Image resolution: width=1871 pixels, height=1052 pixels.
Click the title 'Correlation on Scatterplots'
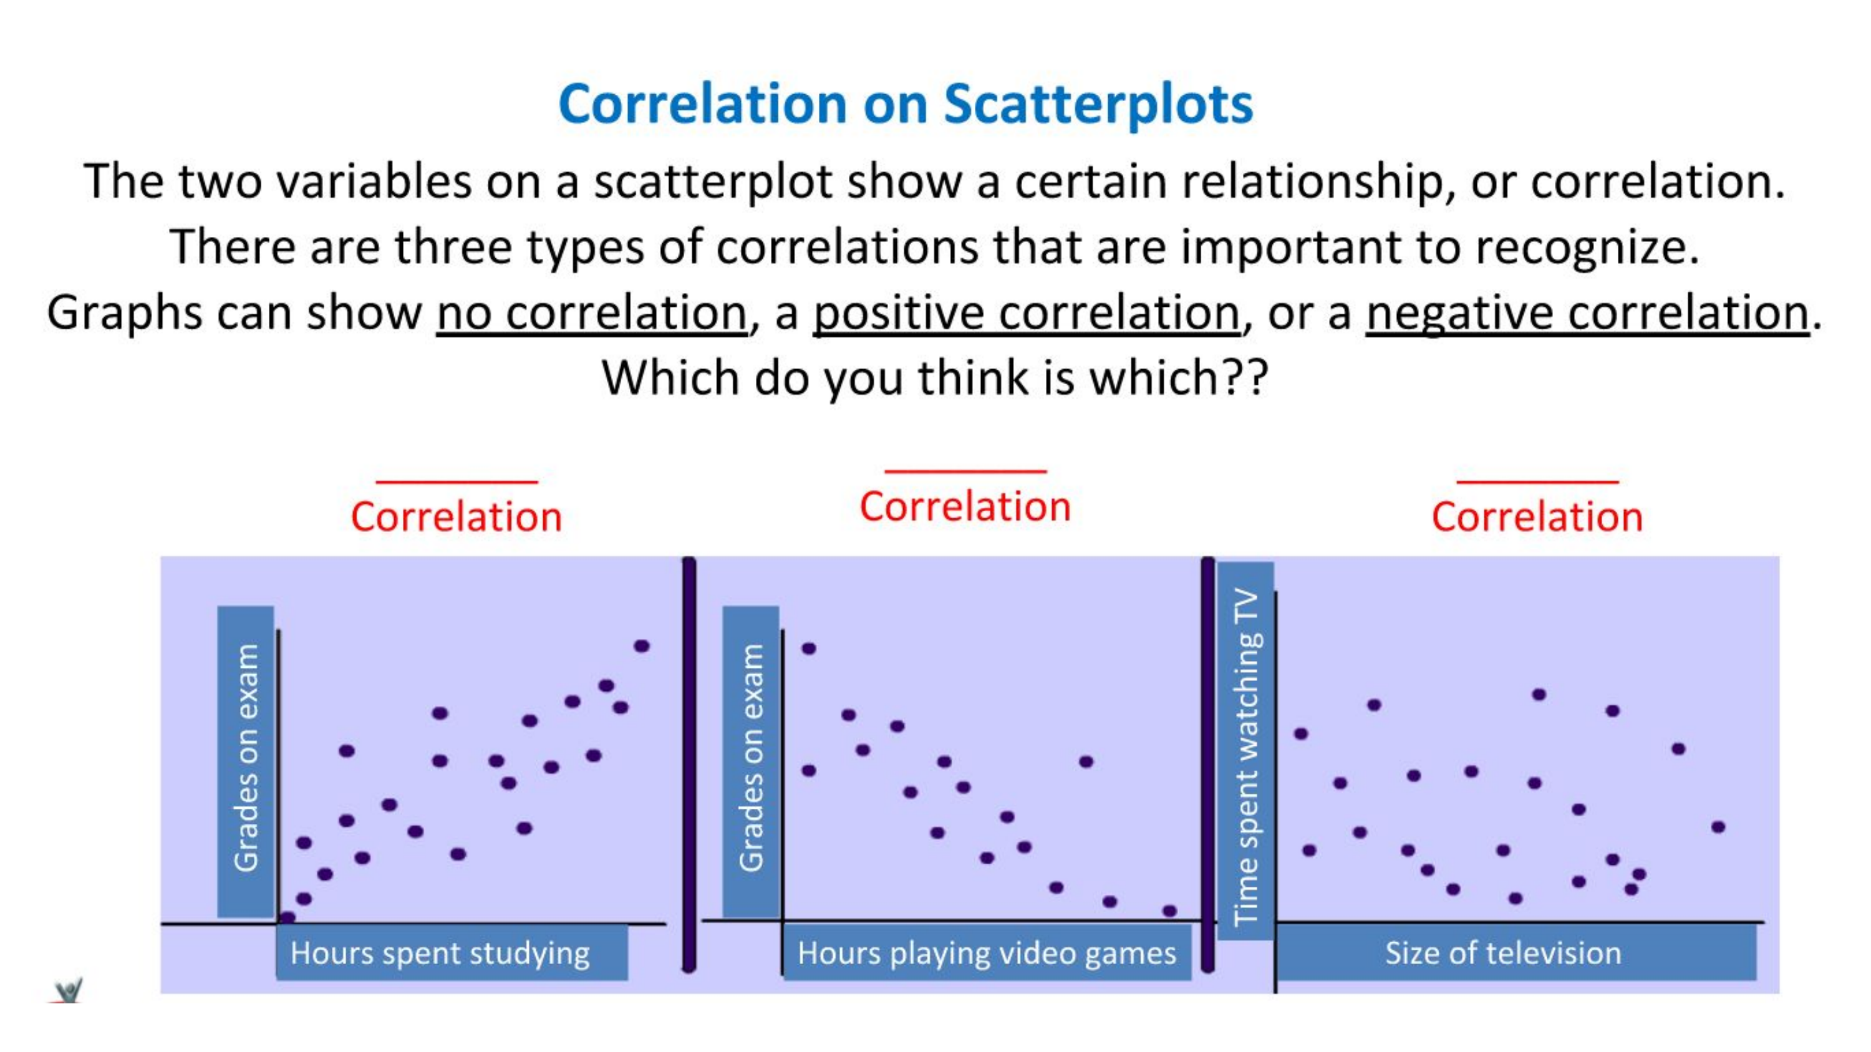(x=905, y=104)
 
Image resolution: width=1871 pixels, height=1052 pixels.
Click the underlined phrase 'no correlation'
(x=591, y=314)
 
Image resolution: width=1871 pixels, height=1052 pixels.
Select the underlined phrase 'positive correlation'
(x=1027, y=314)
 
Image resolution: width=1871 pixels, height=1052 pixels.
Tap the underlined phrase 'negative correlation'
(x=1587, y=314)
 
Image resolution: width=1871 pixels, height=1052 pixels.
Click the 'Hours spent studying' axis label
(x=440, y=953)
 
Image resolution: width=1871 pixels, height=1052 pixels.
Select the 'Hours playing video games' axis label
(x=987, y=953)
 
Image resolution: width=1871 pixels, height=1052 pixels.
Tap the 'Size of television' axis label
(x=1503, y=953)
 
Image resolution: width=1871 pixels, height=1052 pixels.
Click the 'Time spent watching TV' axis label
(x=1245, y=755)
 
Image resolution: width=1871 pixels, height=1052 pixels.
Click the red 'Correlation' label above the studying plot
(x=456, y=517)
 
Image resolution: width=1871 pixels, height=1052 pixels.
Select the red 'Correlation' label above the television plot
(x=1537, y=517)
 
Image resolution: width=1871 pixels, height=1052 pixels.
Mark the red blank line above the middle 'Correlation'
(x=965, y=472)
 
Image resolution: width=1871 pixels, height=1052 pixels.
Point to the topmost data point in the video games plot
(x=809, y=649)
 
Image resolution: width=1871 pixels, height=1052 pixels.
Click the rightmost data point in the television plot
(x=1718, y=827)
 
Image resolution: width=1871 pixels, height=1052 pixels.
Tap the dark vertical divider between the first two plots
(x=689, y=762)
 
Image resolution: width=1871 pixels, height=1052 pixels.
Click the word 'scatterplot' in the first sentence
(x=712, y=181)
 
